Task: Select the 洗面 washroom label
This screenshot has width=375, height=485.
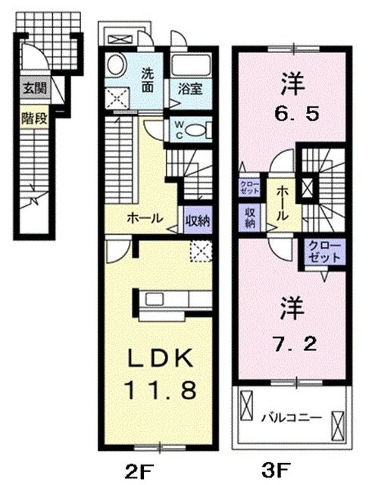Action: coord(150,78)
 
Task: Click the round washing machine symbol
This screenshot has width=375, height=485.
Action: coord(116,64)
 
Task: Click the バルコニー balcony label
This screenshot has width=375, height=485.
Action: coord(291,417)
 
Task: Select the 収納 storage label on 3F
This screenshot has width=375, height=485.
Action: coord(250,218)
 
